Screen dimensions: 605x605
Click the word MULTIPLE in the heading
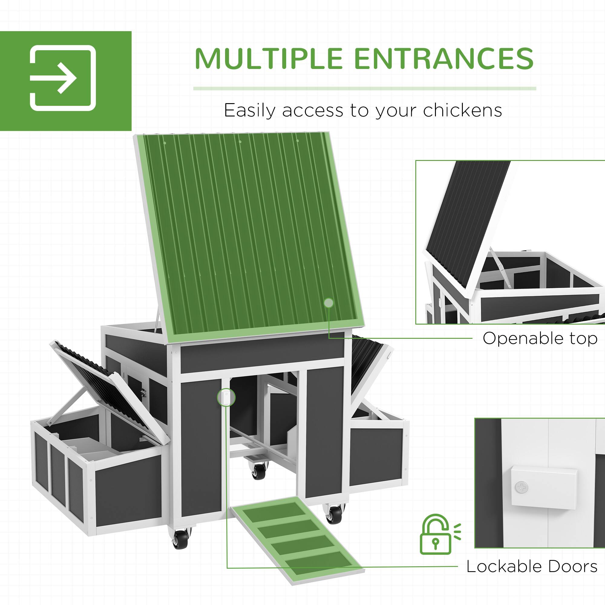(x=268, y=59)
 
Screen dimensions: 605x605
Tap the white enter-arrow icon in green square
(x=63, y=78)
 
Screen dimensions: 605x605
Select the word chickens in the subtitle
(x=463, y=110)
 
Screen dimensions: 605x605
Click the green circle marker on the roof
(x=329, y=303)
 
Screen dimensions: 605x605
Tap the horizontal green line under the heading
(x=365, y=89)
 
